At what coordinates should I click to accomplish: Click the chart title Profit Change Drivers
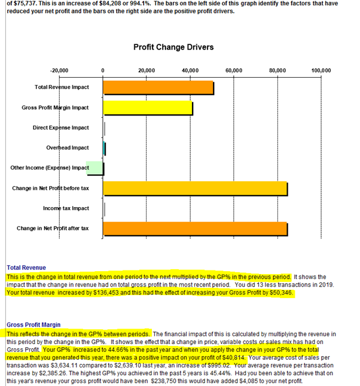coord(173,47)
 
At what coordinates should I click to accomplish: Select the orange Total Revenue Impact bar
coord(158,87)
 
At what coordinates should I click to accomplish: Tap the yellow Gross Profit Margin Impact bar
coord(148,108)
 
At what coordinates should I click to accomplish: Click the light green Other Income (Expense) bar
coord(94,168)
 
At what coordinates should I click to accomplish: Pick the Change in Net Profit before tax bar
coord(196,189)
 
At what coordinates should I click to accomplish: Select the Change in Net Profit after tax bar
coord(196,229)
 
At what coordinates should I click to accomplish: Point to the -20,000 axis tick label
coord(59,71)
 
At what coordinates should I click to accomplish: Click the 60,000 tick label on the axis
coord(234,71)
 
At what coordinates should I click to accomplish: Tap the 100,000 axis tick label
coord(321,71)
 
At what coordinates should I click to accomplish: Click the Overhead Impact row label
coord(68,148)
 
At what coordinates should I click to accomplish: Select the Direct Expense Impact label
coord(61,127)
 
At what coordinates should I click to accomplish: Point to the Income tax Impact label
coord(66,208)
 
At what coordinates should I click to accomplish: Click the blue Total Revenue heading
coord(26,268)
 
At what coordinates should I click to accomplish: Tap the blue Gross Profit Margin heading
coord(33,325)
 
